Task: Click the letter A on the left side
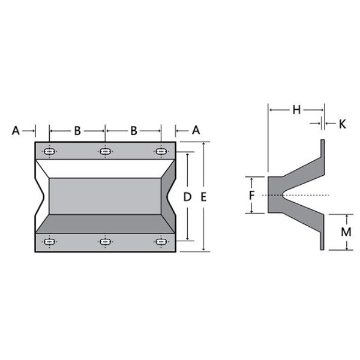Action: coord(16,131)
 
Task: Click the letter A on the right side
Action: coord(196,130)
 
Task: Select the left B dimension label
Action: coord(77,131)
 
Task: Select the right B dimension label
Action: coord(134,131)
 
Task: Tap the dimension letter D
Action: coord(188,197)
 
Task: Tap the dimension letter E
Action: coord(203,197)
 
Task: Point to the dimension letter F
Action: coord(252,196)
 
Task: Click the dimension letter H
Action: coord(296,110)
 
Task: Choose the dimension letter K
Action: coord(343,124)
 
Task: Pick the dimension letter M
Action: coord(346,232)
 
